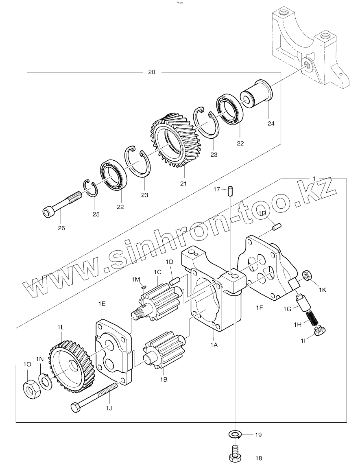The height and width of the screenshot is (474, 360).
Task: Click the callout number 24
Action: (271, 124)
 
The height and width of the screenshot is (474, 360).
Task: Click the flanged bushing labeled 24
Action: (257, 94)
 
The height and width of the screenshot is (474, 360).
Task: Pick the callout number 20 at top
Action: (152, 72)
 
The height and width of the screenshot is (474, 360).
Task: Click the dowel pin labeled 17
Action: (230, 191)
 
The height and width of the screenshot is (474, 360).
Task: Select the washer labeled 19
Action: (235, 435)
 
